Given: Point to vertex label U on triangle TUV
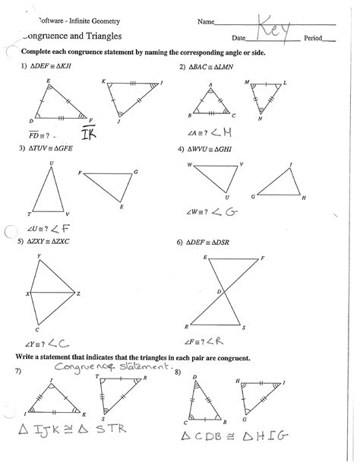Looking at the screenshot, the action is click(x=51, y=162).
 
